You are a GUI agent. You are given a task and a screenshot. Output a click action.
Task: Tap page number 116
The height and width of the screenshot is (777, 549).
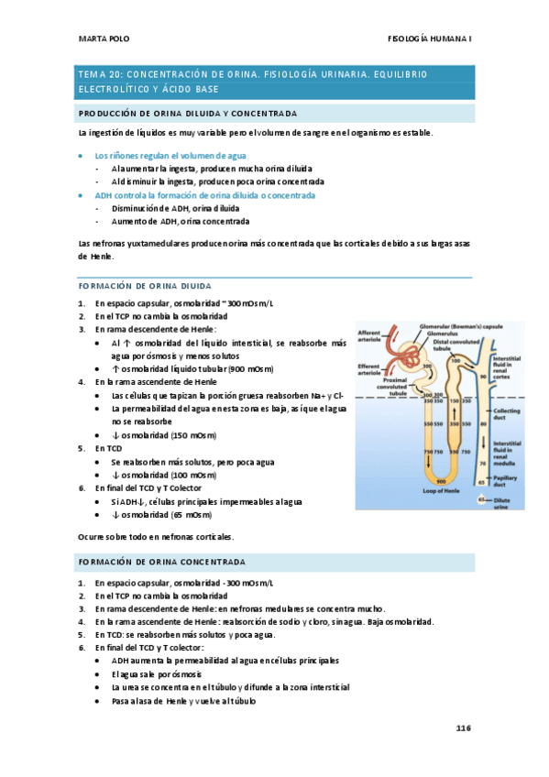[462, 728]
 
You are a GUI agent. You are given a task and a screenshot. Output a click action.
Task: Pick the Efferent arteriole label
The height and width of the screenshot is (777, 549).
[369, 370]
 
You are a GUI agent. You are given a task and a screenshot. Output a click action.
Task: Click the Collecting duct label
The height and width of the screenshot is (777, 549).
[507, 414]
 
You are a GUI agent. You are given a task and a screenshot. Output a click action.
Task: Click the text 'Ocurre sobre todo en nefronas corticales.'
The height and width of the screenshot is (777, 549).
[169, 536]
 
